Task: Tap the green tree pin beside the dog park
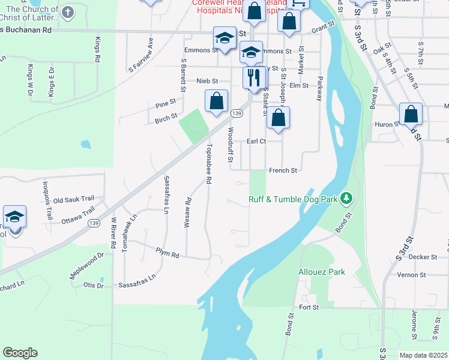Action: coord(346,197)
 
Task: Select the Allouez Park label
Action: coord(322,272)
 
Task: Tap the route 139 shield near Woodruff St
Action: coord(237,113)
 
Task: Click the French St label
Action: coord(283,170)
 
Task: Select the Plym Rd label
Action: coord(167,254)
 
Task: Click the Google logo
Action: coord(20,352)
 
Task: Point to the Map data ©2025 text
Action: coord(423,355)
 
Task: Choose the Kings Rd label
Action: coord(97,50)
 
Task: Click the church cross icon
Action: coord(68,12)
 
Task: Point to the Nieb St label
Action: coord(206,80)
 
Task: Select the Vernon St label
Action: coord(411,275)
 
